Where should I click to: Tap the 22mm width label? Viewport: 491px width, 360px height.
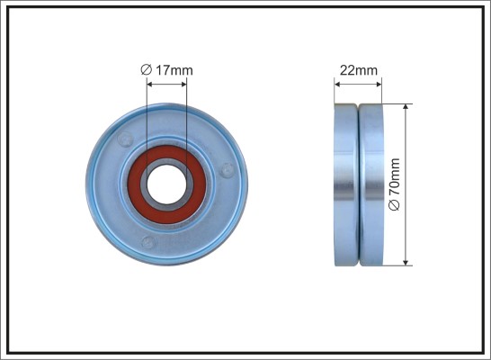359,70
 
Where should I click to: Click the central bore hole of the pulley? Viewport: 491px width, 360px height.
166,184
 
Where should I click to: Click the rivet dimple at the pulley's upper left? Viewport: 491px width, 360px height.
125,139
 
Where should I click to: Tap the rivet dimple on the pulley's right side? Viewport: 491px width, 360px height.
227,170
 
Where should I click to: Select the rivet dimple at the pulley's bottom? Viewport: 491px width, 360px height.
148,242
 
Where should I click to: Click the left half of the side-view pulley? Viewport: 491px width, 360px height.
345,184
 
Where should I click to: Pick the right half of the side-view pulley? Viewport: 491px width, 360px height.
371,184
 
